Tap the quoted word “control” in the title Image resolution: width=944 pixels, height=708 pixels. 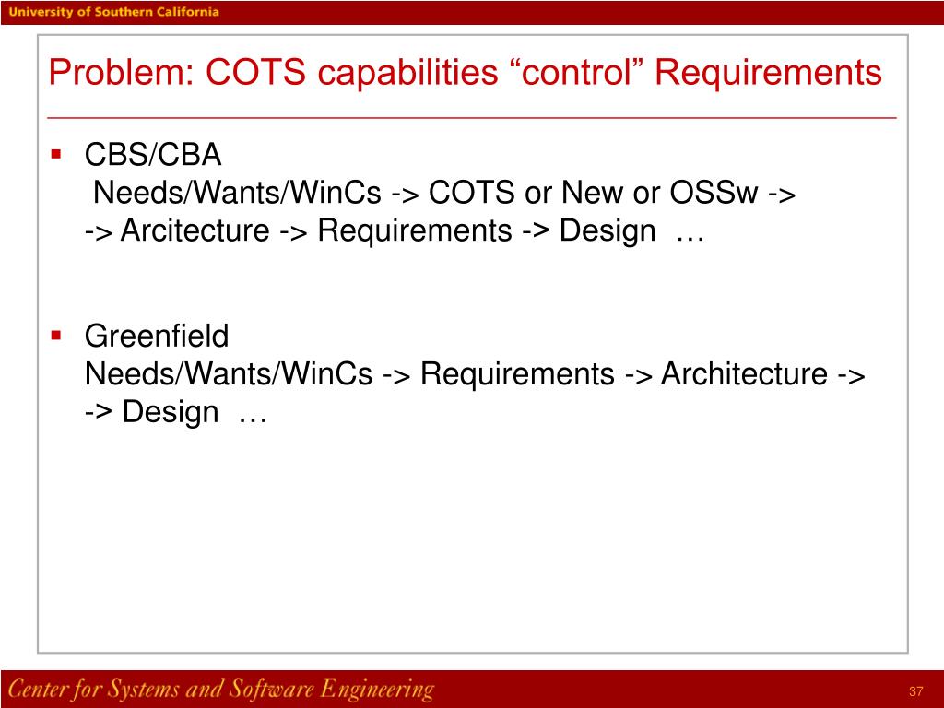pos(576,72)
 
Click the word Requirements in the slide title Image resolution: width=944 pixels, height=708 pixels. pos(769,72)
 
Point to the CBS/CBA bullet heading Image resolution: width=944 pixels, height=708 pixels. pos(153,155)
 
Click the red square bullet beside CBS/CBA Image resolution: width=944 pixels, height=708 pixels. pos(56,153)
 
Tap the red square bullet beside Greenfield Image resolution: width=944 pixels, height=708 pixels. pos(56,335)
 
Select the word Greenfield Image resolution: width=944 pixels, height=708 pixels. pos(157,336)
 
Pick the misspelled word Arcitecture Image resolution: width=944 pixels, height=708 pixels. pos(195,230)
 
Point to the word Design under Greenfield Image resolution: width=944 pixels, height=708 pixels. pos(171,412)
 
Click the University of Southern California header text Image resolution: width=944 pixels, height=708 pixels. pos(115,12)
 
